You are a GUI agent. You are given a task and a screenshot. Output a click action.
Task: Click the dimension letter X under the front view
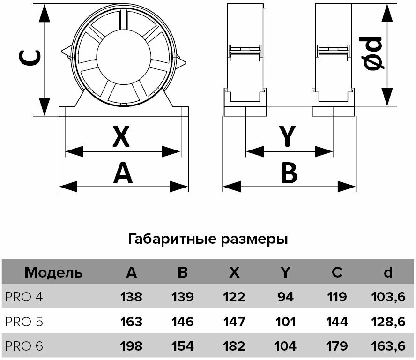121,137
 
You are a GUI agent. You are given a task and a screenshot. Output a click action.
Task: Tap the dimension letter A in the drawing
123,173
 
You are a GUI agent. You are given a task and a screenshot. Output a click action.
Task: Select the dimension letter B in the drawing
289,173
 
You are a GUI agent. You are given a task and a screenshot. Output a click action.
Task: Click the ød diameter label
374,54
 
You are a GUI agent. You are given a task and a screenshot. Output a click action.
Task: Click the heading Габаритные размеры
208,240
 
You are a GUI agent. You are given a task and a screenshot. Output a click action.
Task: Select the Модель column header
53,272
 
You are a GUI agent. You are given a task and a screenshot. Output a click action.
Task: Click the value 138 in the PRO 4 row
131,297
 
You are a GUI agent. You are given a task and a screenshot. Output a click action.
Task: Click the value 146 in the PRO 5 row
182,322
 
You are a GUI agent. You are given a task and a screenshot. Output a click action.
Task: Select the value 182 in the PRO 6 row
234,346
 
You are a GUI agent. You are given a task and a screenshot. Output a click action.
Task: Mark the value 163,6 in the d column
388,346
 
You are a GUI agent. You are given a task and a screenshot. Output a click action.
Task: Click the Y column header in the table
285,272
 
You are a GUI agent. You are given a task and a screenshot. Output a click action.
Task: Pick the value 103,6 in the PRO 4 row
388,297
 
